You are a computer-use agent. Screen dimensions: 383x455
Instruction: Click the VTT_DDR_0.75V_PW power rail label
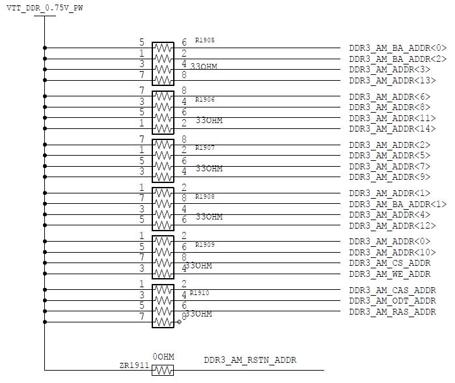(x=44, y=7)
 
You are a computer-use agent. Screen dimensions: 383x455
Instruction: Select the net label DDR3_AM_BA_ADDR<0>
(x=398, y=48)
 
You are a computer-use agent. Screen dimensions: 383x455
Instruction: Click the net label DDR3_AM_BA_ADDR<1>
(x=398, y=204)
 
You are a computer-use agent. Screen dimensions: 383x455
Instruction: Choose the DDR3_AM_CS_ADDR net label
(x=390, y=263)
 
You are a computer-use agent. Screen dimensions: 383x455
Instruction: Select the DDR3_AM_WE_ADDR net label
(x=390, y=274)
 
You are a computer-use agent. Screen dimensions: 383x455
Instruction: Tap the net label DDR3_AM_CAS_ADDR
(x=393, y=290)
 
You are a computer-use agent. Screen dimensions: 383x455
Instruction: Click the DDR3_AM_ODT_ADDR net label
(x=393, y=301)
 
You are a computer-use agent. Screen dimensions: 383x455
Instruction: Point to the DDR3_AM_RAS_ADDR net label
(x=393, y=312)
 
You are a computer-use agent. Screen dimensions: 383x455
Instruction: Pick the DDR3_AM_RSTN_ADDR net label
(x=250, y=360)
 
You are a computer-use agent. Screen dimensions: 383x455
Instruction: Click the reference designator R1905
(x=204, y=40)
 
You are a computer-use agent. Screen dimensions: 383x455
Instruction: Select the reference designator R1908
(x=204, y=196)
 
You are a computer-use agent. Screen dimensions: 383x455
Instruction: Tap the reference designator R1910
(x=199, y=293)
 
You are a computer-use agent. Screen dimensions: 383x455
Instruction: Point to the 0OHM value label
(x=163, y=357)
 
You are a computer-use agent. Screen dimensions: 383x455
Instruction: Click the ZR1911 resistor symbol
(x=163, y=370)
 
